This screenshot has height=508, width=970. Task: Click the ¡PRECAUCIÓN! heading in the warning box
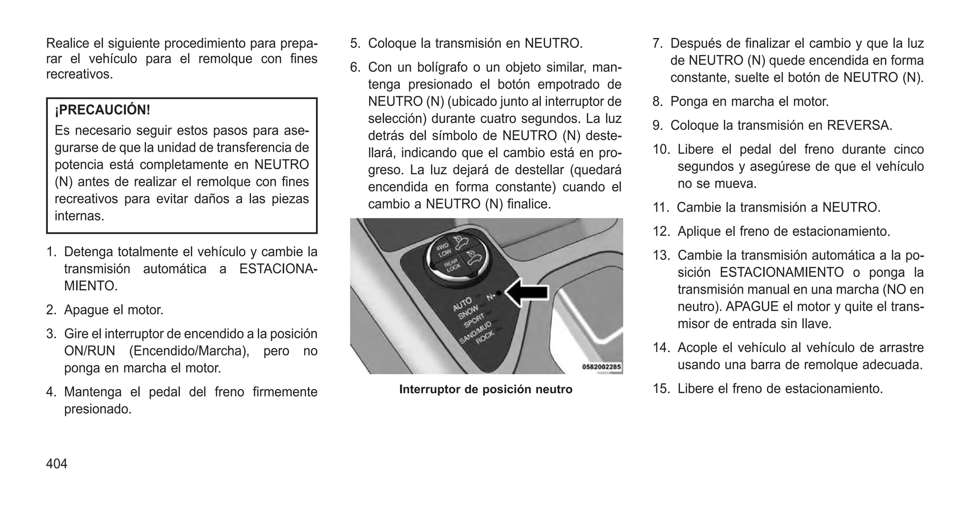click(102, 110)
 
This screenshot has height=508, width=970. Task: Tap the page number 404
click(57, 463)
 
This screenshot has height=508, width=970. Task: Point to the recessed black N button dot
click(499, 293)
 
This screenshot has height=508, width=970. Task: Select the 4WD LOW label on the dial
click(443, 250)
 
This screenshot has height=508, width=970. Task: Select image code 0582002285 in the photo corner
click(601, 367)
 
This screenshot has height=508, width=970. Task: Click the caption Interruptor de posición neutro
click(485, 390)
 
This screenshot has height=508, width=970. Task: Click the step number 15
click(660, 389)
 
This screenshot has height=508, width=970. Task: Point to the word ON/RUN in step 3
click(90, 351)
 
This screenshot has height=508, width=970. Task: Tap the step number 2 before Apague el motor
click(51, 310)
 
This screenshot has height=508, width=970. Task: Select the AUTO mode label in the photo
click(462, 304)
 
